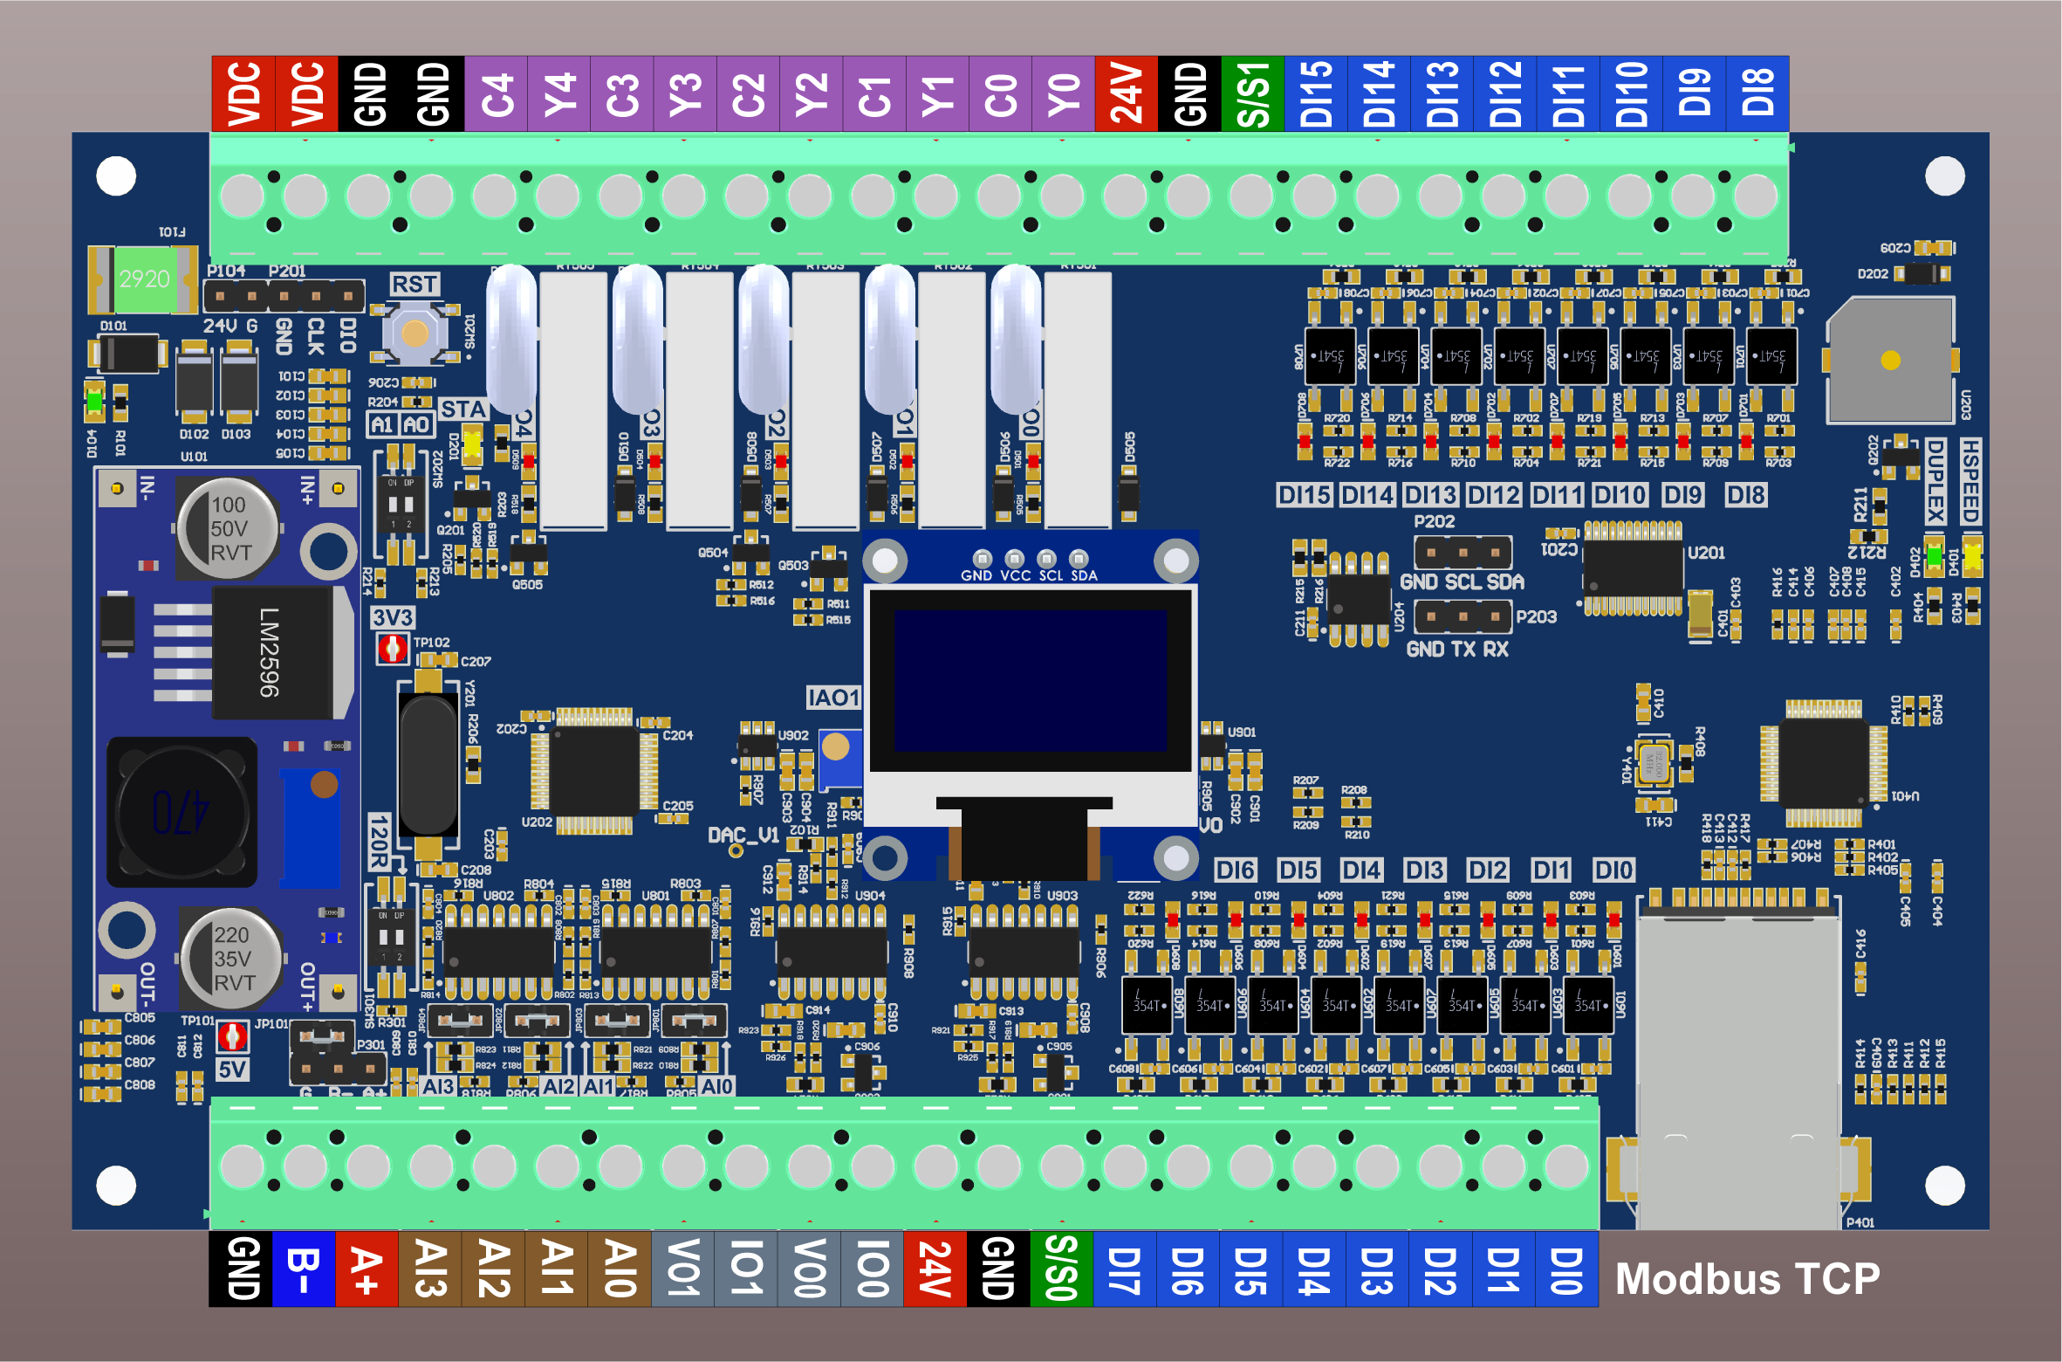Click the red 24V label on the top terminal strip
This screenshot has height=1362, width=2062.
[x=1126, y=93]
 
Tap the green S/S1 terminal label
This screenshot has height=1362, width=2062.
[x=1252, y=93]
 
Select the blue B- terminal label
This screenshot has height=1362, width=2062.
[x=304, y=1269]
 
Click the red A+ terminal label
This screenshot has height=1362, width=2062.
[x=367, y=1269]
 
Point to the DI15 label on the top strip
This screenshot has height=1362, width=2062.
[x=1316, y=93]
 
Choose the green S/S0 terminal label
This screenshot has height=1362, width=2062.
[x=1061, y=1269]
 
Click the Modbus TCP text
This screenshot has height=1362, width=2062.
[x=1747, y=1279]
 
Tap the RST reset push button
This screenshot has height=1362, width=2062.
[x=414, y=333]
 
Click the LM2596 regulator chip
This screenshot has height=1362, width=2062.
[x=271, y=651]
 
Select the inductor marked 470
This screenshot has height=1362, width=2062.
[x=182, y=811]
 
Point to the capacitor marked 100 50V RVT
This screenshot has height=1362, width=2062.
[x=229, y=528]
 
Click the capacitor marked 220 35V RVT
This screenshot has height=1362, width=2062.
[x=232, y=958]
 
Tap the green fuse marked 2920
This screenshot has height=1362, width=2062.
[x=144, y=279]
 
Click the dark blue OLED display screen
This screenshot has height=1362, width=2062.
[x=1030, y=679]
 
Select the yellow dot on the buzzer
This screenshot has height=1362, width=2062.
[x=1891, y=360]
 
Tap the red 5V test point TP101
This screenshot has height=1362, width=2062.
[x=232, y=1036]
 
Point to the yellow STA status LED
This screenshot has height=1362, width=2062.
[x=472, y=444]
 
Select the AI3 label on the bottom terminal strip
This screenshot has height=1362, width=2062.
[x=429, y=1269]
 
